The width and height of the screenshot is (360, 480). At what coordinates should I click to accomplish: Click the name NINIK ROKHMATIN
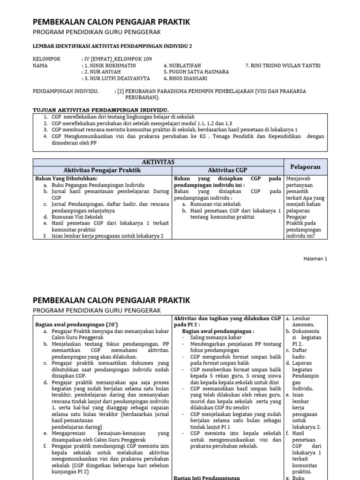(x=108, y=66)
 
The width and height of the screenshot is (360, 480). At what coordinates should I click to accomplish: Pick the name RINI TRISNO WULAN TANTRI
(x=285, y=66)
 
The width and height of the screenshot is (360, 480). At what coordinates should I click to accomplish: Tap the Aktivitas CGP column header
(x=228, y=170)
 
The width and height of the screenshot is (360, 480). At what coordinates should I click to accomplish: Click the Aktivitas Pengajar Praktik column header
(x=102, y=170)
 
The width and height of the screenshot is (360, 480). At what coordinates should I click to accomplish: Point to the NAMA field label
(x=41, y=66)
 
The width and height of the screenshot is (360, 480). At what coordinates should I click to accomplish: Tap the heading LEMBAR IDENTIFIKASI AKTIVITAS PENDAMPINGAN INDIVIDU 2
(x=112, y=46)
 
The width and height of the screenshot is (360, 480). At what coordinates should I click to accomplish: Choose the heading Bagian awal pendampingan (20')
(x=70, y=324)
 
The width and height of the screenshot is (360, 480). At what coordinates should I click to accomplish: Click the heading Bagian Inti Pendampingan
(x=206, y=477)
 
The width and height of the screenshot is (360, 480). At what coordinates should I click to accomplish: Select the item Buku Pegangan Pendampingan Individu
(x=98, y=185)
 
